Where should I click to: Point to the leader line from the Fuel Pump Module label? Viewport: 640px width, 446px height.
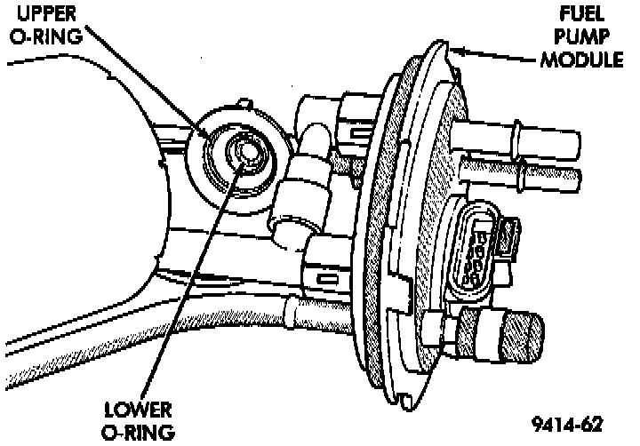507,55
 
